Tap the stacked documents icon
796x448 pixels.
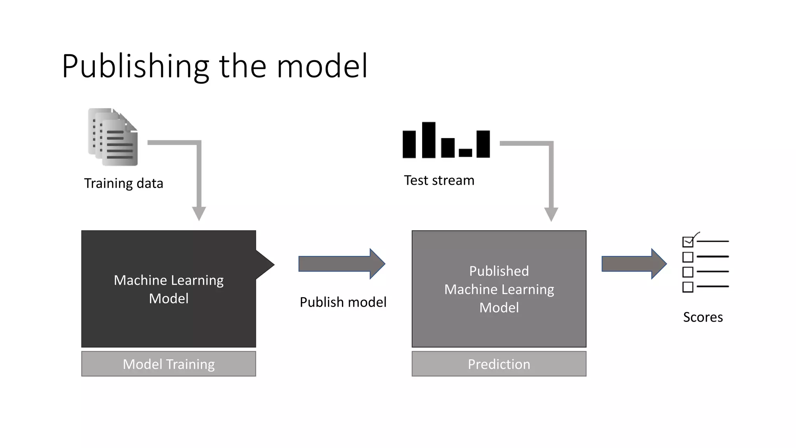(113, 137)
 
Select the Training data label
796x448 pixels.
(124, 183)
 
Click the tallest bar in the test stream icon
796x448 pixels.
(428, 140)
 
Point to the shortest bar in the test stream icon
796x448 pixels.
(465, 152)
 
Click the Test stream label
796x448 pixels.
(439, 180)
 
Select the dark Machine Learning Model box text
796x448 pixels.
(169, 289)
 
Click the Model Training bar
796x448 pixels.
(169, 364)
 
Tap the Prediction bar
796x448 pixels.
(499, 364)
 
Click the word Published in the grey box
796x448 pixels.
(499, 271)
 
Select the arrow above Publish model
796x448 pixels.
(342, 264)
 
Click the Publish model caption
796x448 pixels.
(343, 302)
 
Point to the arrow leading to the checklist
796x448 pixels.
(634, 264)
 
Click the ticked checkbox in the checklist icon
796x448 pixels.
(688, 242)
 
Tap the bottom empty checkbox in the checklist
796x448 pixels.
(688, 287)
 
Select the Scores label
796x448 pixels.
(703, 317)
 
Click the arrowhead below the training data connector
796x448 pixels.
(199, 213)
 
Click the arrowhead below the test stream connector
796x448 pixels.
(551, 214)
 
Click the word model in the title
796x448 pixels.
(322, 67)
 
